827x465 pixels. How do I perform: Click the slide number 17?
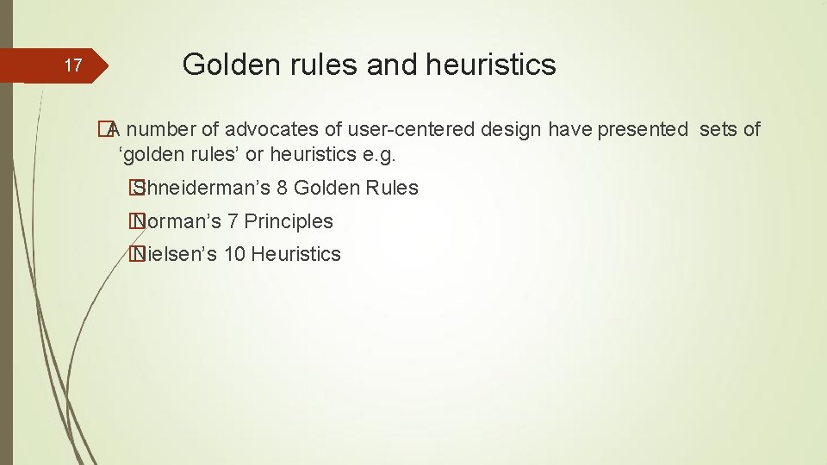click(x=74, y=65)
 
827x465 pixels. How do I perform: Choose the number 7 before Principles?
click(x=232, y=221)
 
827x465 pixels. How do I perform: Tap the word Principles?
click(x=289, y=221)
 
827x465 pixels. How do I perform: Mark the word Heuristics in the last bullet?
click(x=296, y=254)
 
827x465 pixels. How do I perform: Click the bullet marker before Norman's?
click(x=134, y=221)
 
